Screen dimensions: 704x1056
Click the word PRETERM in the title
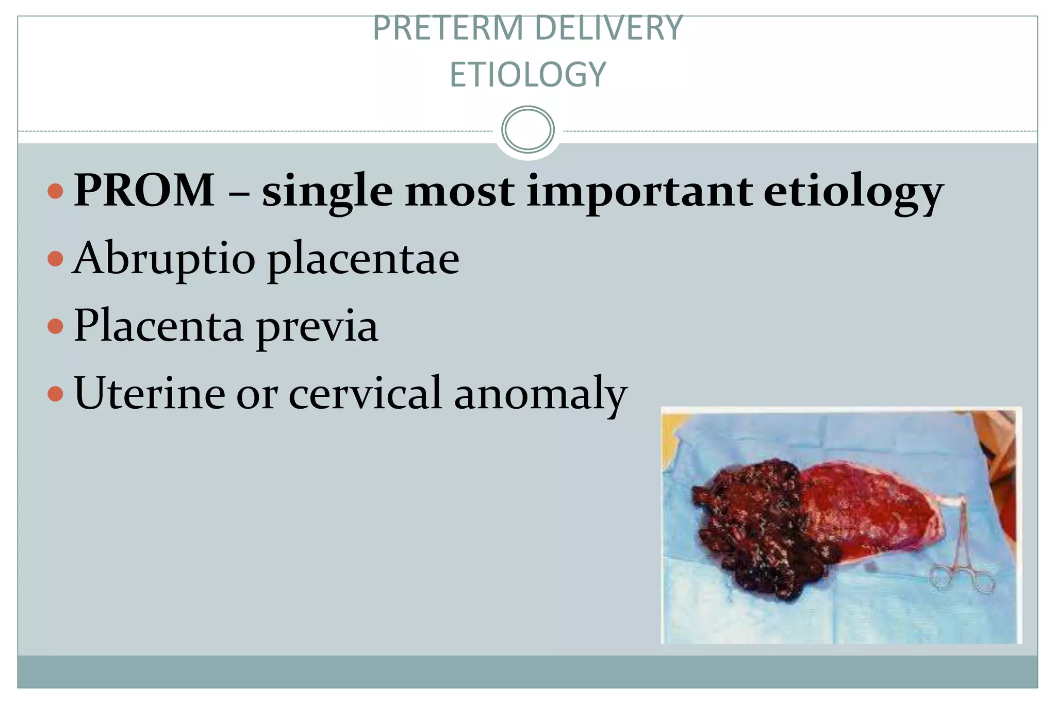coord(448,28)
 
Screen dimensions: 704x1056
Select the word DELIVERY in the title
coord(608,28)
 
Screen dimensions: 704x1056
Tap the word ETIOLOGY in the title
coord(527,75)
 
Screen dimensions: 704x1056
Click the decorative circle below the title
coord(527,129)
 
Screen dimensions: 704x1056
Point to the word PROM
coord(144,190)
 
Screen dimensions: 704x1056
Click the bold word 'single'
coord(327,192)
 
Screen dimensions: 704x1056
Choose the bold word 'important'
coord(639,192)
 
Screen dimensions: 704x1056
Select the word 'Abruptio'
coord(164,259)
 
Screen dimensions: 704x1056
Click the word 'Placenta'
coord(158,326)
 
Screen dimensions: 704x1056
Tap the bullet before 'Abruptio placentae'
coord(55,258)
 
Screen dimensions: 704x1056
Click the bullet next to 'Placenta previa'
coord(55,326)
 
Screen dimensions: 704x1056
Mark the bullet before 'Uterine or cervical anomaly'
coord(55,394)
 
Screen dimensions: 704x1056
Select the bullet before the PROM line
coord(55,191)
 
